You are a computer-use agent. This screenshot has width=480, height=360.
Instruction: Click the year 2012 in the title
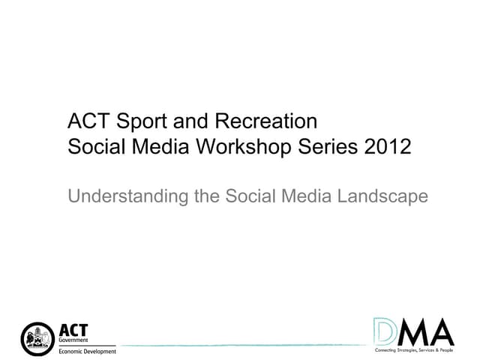tap(388, 146)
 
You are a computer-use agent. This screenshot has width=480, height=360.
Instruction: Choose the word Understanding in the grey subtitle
tap(120, 196)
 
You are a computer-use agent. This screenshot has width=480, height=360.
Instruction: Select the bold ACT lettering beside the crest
tap(73, 330)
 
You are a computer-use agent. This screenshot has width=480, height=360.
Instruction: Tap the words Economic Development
tap(87, 352)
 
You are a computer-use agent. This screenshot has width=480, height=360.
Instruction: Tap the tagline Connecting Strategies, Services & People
tap(414, 350)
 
